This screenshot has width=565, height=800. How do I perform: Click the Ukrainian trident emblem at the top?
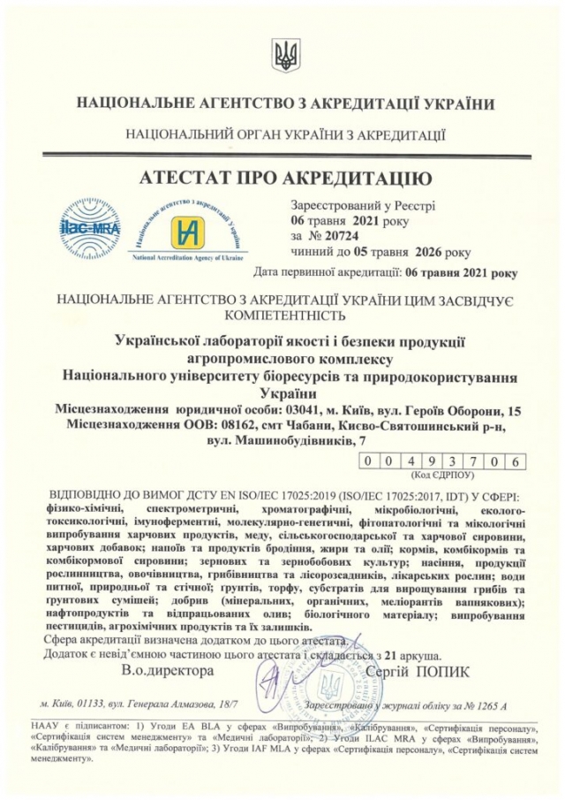pos(286,54)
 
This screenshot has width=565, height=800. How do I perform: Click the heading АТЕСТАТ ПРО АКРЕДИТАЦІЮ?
pos(286,179)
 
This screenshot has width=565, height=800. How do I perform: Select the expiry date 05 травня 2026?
pos(400,253)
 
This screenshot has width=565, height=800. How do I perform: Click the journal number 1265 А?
pos(489,707)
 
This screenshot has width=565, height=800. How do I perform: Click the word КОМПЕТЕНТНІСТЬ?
pos(285,314)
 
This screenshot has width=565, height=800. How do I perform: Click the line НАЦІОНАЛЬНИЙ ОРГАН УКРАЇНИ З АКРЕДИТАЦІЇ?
pos(286,136)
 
